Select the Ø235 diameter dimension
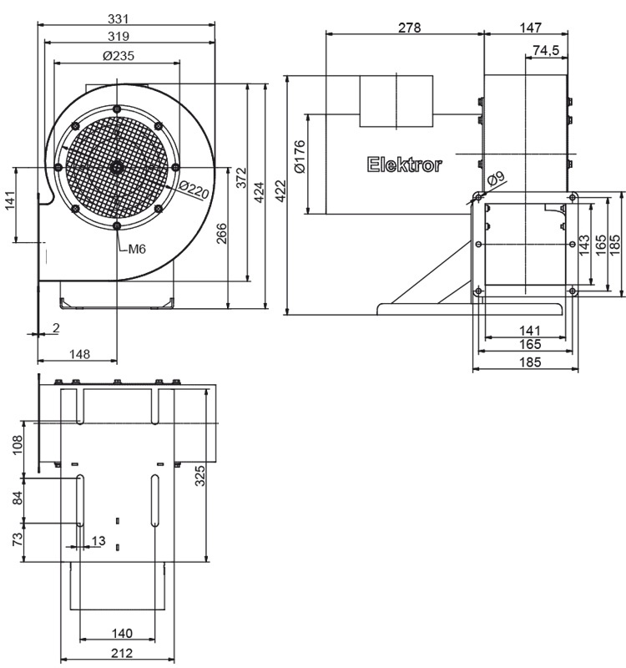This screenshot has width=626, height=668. pyautogui.click(x=118, y=55)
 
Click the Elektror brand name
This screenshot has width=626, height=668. pyautogui.click(x=405, y=164)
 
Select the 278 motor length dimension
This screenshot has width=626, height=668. pyautogui.click(x=408, y=28)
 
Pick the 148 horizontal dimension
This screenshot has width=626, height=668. pyautogui.click(x=78, y=354)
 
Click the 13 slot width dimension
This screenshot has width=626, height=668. pyautogui.click(x=98, y=541)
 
